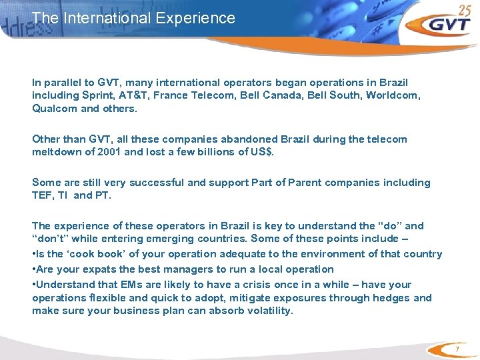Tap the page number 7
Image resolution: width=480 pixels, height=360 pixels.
click(458, 349)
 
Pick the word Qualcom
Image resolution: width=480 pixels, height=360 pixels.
click(55, 108)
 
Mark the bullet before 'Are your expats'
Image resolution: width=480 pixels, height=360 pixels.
click(34, 269)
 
